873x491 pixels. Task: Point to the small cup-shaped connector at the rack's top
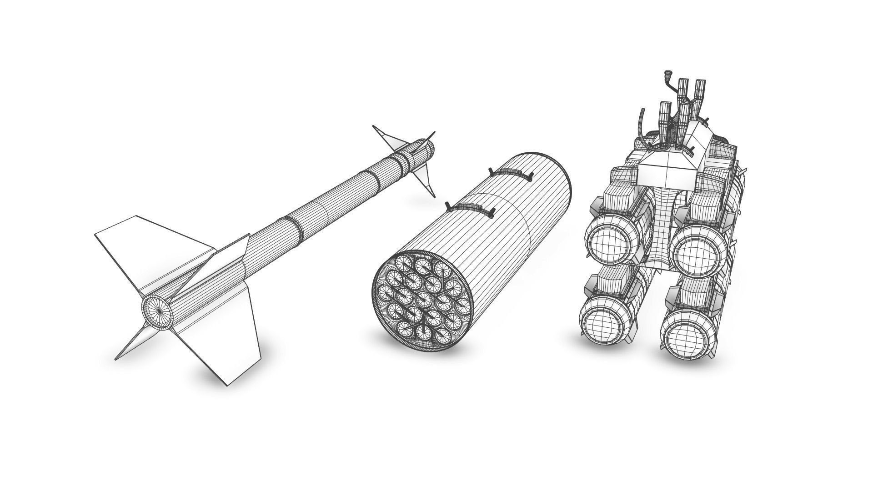coord(668,73)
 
